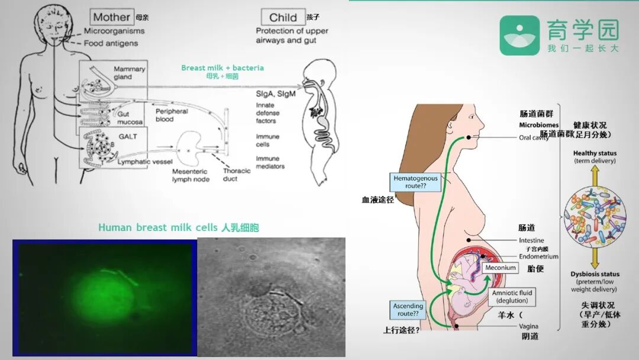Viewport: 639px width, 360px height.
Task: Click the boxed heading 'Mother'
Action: tap(112, 17)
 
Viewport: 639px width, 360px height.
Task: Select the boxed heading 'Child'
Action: tap(283, 17)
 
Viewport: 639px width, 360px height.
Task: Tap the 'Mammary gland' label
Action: tap(129, 73)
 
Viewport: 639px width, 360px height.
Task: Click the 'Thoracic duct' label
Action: tap(237, 175)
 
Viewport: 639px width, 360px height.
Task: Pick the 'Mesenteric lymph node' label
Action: tap(191, 175)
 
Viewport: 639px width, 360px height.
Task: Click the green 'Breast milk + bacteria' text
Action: tap(222, 67)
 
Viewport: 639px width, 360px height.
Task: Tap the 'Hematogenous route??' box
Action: tap(417, 182)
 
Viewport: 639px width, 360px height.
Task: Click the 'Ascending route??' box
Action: tap(408, 309)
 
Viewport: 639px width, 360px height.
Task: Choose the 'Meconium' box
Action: tap(500, 268)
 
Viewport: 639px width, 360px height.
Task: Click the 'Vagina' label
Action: tap(528, 326)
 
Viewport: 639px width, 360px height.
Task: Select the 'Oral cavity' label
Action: tap(534, 138)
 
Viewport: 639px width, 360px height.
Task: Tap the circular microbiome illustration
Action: tap(595, 218)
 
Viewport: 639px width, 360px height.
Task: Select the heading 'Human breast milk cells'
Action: tap(179, 227)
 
